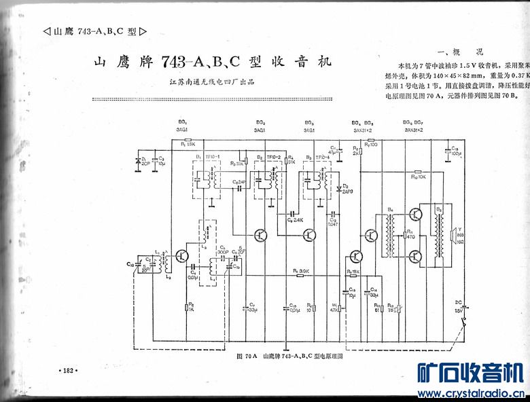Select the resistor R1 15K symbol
pyautogui.click(x=188, y=139)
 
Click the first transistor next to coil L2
pyautogui.click(x=181, y=256)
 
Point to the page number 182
pyautogui.click(x=69, y=371)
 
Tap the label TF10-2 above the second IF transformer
pyautogui.click(x=273, y=156)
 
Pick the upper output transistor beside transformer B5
pyautogui.click(x=415, y=214)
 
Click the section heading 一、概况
pyautogui.click(x=461, y=50)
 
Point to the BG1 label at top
pyautogui.click(x=182, y=122)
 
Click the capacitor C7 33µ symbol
pyautogui.click(x=249, y=308)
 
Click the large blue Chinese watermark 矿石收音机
pyautogui.click(x=469, y=372)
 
